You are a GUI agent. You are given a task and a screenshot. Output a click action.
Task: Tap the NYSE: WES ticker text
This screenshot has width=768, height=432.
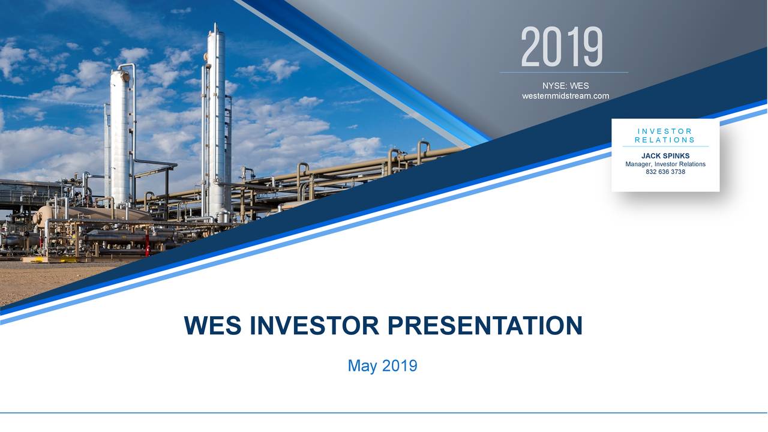click(565, 86)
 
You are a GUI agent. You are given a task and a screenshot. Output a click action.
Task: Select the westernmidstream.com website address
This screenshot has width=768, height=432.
click(565, 96)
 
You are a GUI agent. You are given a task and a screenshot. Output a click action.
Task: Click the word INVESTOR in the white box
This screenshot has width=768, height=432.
click(665, 131)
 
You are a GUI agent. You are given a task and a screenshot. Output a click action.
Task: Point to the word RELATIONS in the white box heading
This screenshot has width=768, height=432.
click(665, 140)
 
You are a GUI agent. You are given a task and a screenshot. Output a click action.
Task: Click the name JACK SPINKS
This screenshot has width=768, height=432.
click(665, 156)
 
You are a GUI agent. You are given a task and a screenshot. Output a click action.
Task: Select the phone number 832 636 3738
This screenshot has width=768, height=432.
click(665, 172)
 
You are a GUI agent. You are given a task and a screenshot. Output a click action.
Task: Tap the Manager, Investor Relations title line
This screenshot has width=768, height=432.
click(665, 164)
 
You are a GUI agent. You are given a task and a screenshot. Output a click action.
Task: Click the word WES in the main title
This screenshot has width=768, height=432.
click(213, 326)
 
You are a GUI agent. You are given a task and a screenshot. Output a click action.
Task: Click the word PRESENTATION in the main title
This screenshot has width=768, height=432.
click(485, 326)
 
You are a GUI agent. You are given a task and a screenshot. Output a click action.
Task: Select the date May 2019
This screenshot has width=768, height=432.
click(382, 365)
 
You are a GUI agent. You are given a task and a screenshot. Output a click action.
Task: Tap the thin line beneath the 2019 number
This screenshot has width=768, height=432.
click(564, 72)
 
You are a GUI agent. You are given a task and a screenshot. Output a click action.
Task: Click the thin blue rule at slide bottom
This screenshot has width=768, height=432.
click(384, 413)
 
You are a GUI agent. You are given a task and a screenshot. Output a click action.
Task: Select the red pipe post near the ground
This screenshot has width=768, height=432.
click(146, 246)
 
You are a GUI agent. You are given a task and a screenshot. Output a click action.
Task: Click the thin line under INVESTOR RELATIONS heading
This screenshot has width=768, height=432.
click(665, 146)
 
